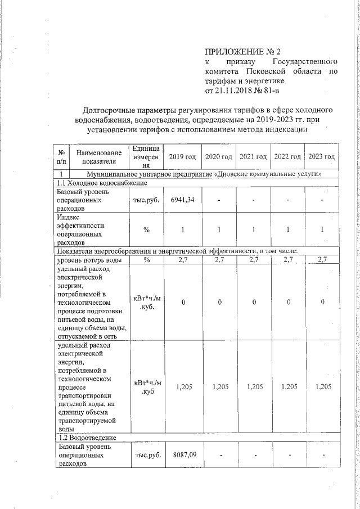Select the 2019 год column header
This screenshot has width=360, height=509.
tap(182, 156)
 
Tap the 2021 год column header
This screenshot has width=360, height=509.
tap(253, 156)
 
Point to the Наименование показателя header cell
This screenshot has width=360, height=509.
tap(98, 156)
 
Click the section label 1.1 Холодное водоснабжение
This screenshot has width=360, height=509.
tap(100, 183)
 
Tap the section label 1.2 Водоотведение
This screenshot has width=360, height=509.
tap(87, 438)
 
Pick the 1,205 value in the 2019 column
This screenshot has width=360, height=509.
tap(182, 387)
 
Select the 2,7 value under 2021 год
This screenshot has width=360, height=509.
tap(253, 259)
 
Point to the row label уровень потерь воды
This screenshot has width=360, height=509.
tap(89, 259)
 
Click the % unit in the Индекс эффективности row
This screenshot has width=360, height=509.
tap(146, 229)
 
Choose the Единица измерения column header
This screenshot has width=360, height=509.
tap(146, 156)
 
